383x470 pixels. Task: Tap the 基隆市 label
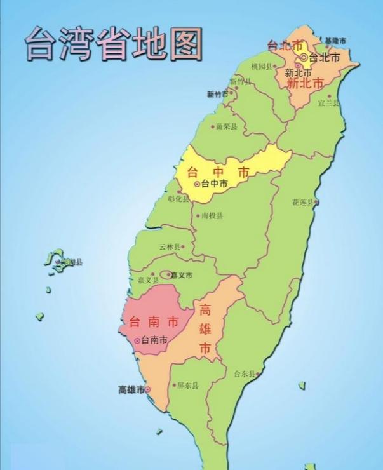(335, 41)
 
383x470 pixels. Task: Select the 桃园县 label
(262, 66)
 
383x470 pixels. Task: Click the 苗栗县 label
(226, 126)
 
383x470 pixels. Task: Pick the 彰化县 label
(178, 198)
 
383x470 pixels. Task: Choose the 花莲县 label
(303, 202)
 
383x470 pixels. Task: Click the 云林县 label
(170, 246)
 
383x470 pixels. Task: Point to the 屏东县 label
(187, 386)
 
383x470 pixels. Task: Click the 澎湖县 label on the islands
(71, 262)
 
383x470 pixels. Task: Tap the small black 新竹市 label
(218, 94)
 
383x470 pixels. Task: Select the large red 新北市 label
(304, 83)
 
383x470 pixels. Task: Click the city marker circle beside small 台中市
(197, 184)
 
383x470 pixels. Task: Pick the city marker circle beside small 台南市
(137, 341)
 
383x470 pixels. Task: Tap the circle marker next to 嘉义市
(167, 275)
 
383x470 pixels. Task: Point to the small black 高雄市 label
(131, 389)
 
